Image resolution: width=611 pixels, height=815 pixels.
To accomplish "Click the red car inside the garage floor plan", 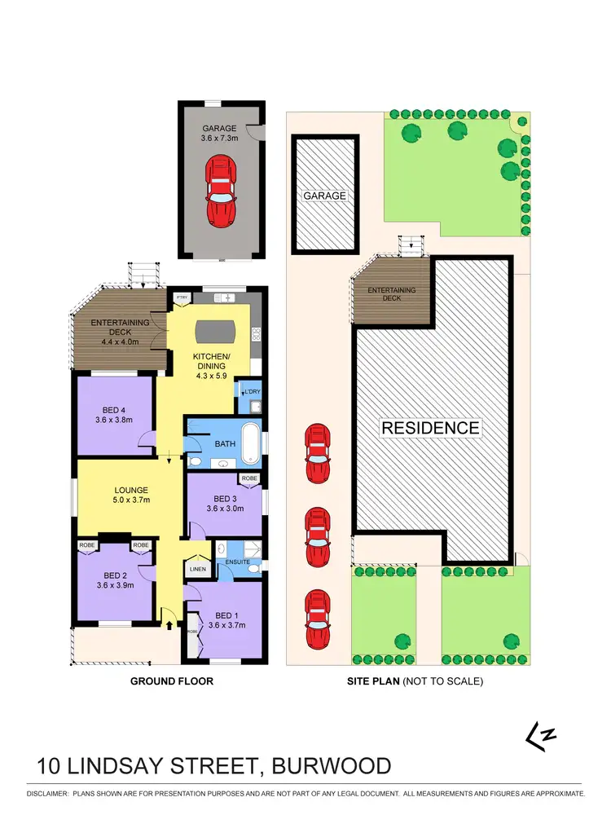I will click(221, 192).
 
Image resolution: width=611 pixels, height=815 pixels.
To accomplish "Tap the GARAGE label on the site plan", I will click(325, 196).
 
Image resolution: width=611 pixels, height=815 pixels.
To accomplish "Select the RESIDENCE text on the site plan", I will click(432, 428).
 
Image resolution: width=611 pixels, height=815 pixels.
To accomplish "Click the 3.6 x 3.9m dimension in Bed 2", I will click(114, 584).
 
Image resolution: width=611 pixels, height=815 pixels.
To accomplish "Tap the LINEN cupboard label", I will click(197, 569).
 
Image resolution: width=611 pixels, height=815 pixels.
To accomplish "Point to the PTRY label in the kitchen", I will click(181, 297).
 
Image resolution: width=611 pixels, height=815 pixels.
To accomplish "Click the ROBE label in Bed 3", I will click(248, 479).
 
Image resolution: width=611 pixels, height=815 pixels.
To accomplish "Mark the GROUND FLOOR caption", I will click(173, 681).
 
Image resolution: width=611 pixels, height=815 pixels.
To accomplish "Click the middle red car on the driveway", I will click(318, 538).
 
